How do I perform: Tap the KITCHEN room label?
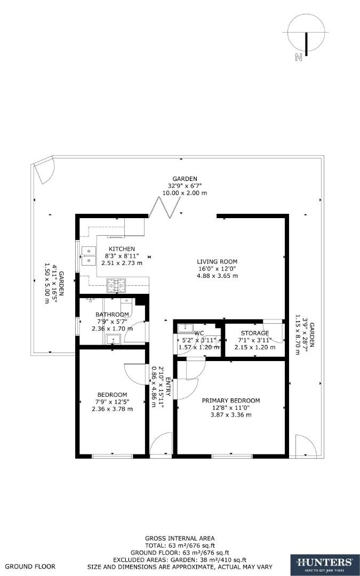tap(122, 249)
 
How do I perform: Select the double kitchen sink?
tap(88, 255)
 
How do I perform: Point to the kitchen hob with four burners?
tap(116, 286)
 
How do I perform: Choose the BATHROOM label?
tap(112, 315)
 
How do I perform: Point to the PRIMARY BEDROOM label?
tap(230, 401)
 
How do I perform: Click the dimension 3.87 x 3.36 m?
tap(230, 414)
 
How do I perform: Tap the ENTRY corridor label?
tap(168, 386)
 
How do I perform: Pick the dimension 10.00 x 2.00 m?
tap(185, 193)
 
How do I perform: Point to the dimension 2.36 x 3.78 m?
tap(112, 409)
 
